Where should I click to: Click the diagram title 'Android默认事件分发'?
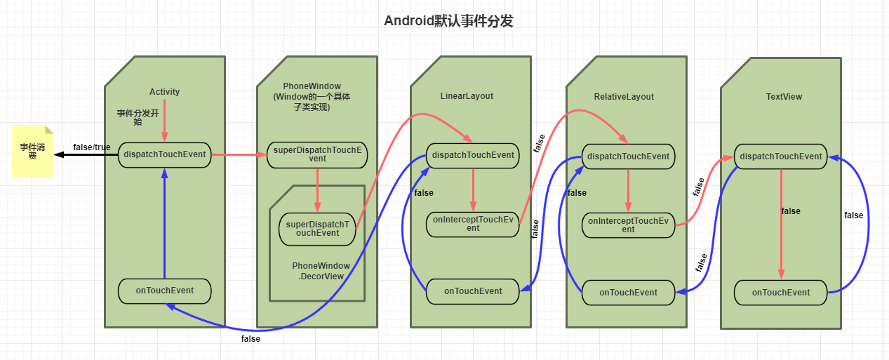pyautogui.click(x=448, y=21)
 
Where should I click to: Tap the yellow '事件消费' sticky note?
pyautogui.click(x=32, y=151)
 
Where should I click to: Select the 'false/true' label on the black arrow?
pyautogui.click(x=91, y=147)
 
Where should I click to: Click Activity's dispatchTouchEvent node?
pyautogui.click(x=164, y=154)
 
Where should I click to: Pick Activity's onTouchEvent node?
pyautogui.click(x=164, y=291)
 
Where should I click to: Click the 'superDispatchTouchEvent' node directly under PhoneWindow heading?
pyautogui.click(x=317, y=154)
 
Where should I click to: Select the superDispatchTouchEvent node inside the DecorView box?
pyautogui.click(x=317, y=229)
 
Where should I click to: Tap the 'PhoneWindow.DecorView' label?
pyautogui.click(x=321, y=271)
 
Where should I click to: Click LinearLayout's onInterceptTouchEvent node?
pyautogui.click(x=473, y=224)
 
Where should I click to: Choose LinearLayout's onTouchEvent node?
pyautogui.click(x=473, y=291)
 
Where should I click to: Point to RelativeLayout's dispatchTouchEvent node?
pyautogui.click(x=628, y=156)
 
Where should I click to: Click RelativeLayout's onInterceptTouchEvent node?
pyautogui.click(x=628, y=225)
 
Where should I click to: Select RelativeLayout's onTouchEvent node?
pyautogui.click(x=628, y=293)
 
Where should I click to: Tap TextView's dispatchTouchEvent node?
pyautogui.click(x=781, y=156)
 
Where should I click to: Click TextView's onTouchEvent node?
pyautogui.click(x=781, y=292)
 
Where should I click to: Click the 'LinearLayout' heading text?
pyautogui.click(x=467, y=96)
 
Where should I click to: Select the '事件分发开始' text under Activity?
pyautogui.click(x=138, y=116)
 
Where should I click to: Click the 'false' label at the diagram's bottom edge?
pyautogui.click(x=250, y=339)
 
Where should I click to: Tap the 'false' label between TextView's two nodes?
pyautogui.click(x=791, y=211)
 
